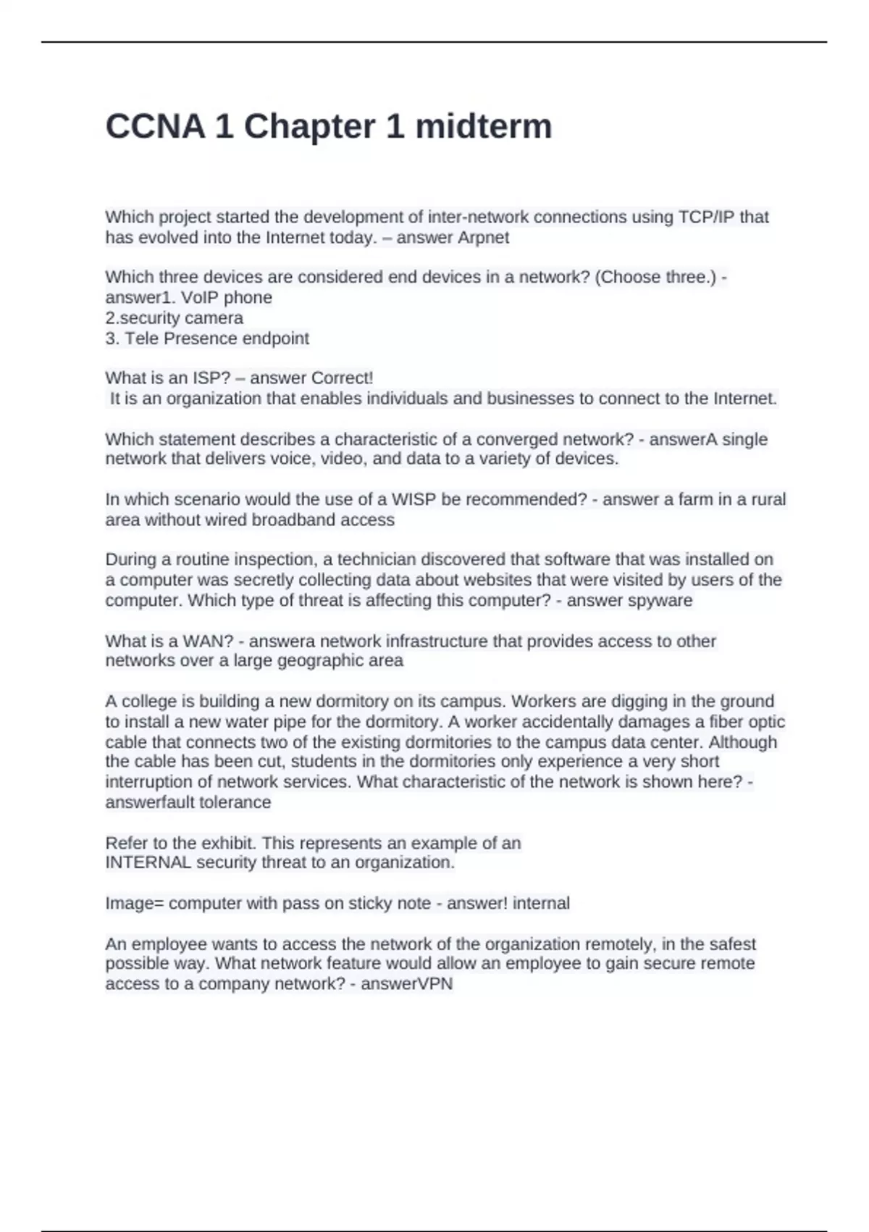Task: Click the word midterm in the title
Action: click(x=483, y=127)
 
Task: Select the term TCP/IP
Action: click(x=705, y=217)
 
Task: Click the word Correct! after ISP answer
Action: click(x=342, y=378)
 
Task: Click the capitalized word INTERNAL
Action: click(x=148, y=862)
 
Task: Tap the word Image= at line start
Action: click(x=134, y=904)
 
